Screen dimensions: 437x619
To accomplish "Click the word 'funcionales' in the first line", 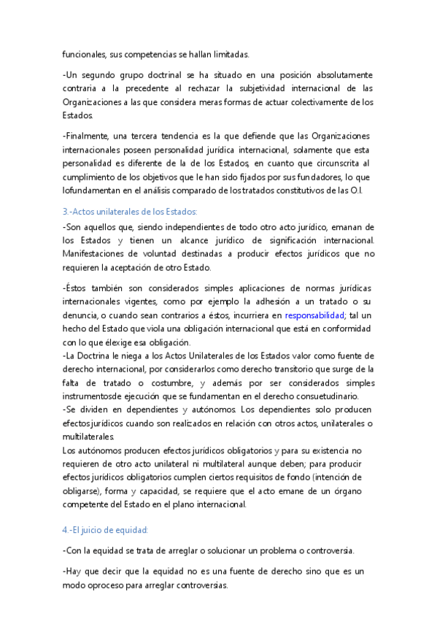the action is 84,54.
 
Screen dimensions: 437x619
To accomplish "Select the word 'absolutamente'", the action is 341,75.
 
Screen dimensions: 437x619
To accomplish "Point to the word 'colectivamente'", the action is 311,102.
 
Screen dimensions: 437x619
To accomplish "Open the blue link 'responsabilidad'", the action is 314,315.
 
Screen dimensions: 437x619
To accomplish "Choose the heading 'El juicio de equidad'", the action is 110,529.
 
